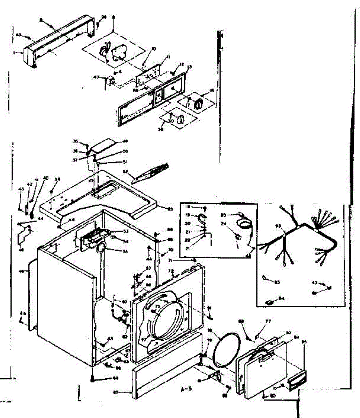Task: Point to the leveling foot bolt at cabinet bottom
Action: pyautogui.click(x=92, y=379)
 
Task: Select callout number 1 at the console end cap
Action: pyautogui.click(x=15, y=53)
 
